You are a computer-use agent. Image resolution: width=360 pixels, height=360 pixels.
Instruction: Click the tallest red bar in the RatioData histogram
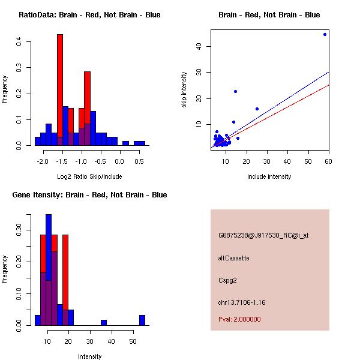(60, 90)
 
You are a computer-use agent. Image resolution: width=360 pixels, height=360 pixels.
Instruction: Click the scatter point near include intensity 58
(325, 34)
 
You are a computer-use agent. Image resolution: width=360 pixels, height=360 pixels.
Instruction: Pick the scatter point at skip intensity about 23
(235, 91)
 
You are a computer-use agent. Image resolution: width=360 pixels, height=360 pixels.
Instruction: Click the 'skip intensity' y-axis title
(185, 90)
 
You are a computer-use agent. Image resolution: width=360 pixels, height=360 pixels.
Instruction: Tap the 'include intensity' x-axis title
(269, 176)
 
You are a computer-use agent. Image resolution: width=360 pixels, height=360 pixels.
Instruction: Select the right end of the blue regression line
(329, 72)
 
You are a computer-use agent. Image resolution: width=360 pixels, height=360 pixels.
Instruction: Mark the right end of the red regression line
(329, 85)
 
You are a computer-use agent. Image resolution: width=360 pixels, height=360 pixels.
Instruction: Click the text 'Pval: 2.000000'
(239, 319)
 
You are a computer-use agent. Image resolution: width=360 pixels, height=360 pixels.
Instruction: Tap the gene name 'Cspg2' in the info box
(228, 280)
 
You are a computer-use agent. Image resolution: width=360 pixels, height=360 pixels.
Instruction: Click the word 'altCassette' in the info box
(234, 258)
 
